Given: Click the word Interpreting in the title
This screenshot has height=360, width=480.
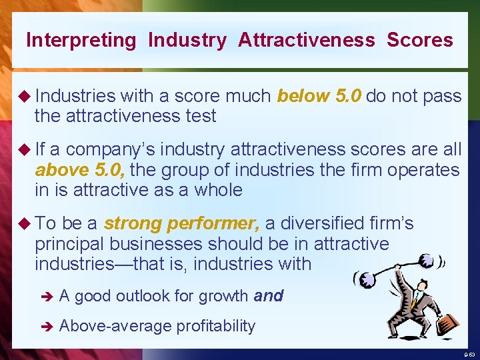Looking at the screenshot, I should [x=80, y=40].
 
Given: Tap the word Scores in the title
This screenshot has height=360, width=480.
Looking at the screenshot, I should [x=419, y=40].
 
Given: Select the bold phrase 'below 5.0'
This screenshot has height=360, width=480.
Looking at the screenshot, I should [x=319, y=96].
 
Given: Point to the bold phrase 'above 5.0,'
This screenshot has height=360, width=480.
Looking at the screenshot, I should [x=80, y=170].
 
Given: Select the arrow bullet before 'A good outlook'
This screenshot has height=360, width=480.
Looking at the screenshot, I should [x=46, y=296].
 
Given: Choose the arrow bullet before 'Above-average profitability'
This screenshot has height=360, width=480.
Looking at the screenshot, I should [x=46, y=326].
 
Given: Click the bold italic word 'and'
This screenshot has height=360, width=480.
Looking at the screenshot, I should [x=269, y=295].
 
